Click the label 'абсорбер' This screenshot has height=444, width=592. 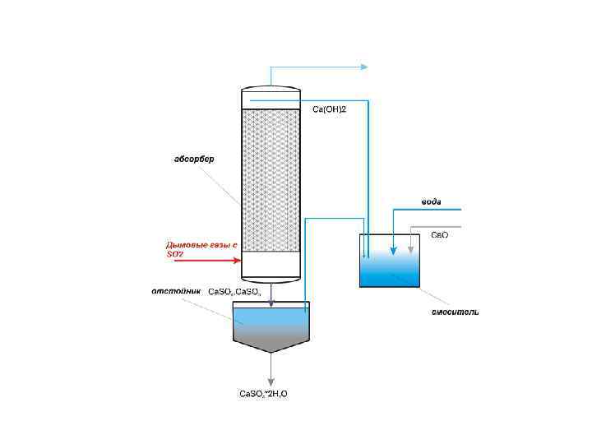(x=194, y=160)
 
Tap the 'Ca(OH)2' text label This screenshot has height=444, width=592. (x=329, y=109)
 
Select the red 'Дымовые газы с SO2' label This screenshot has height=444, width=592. (x=201, y=249)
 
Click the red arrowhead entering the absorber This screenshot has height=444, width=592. (x=237, y=261)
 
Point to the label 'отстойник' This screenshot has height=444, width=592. (x=174, y=291)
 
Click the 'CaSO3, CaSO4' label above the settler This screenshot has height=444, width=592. (x=234, y=292)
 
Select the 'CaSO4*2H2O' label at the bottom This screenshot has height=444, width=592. (x=263, y=394)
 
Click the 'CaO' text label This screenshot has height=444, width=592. (x=440, y=235)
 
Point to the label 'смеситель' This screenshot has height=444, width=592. (x=456, y=312)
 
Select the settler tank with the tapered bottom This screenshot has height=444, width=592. (x=271, y=325)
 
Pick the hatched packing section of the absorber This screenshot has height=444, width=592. (x=271, y=181)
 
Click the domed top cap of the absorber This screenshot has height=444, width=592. (x=271, y=87)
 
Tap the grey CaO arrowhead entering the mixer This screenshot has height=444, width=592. (x=410, y=250)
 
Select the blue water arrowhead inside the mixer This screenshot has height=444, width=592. (x=393, y=250)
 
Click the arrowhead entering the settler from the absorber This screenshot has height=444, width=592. (x=271, y=303)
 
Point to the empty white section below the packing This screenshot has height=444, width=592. (x=271, y=265)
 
